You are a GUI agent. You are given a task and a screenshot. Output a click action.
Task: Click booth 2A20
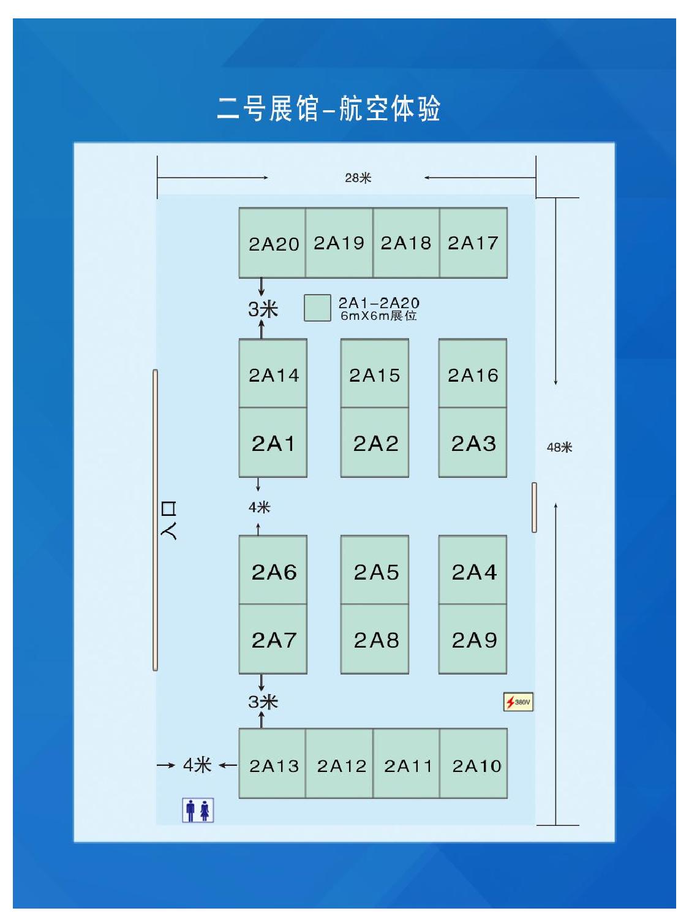(x=273, y=243)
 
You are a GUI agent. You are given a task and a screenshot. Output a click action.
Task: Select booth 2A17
(x=473, y=243)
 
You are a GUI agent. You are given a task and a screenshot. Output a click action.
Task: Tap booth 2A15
(x=374, y=374)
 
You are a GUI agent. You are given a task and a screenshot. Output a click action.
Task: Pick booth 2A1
(x=273, y=442)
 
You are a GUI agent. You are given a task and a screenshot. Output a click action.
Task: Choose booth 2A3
(x=473, y=442)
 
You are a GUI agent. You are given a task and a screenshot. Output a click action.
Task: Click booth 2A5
(x=374, y=571)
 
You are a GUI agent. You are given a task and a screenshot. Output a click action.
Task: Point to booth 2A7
(x=273, y=639)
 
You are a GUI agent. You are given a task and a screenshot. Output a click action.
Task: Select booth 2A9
(x=473, y=639)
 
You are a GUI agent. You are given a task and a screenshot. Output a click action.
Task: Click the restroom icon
(x=197, y=810)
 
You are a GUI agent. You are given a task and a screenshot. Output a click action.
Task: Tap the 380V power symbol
(x=518, y=702)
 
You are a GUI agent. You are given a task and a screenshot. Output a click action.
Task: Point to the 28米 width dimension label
(x=358, y=178)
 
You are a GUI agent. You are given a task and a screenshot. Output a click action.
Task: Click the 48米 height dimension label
(x=559, y=447)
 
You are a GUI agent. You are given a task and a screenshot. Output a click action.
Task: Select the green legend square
(x=317, y=308)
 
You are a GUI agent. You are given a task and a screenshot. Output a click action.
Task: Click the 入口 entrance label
(x=168, y=520)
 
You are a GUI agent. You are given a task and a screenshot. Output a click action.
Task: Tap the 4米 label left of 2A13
(x=197, y=765)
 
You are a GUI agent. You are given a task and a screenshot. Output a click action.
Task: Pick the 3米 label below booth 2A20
(x=263, y=309)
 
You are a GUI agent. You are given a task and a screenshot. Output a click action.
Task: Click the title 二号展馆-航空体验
(x=329, y=108)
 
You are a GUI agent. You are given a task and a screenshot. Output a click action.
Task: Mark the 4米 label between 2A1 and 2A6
(x=259, y=507)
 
